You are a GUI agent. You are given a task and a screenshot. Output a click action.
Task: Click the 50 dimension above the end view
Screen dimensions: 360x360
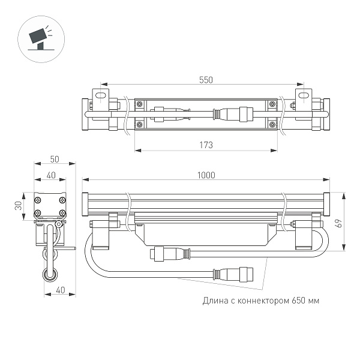(x=55, y=159)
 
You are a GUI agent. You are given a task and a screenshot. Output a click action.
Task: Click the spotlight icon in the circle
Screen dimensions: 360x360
(x=40, y=37)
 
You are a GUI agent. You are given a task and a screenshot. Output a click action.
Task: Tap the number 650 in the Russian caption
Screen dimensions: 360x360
(x=299, y=300)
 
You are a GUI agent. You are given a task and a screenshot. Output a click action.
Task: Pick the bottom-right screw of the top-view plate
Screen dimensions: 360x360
(x=272, y=125)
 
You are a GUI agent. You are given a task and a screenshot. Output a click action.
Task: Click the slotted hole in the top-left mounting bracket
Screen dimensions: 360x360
(x=100, y=95)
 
